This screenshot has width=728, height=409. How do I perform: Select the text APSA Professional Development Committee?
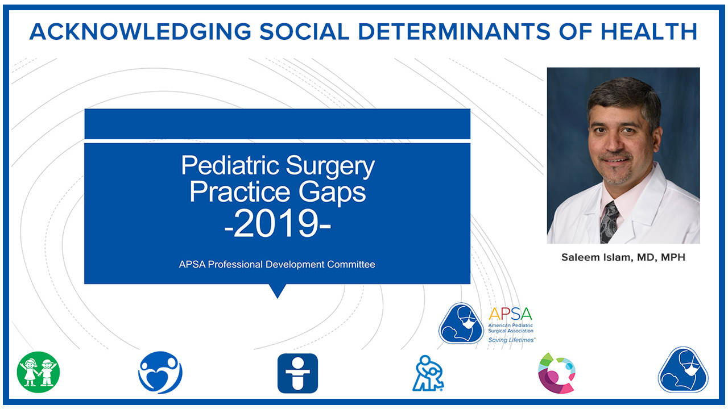point(278,264)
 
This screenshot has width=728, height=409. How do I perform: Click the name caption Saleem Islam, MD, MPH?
point(623,257)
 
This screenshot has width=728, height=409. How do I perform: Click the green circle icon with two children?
point(38,372)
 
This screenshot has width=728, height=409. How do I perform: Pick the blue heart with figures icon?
point(160,372)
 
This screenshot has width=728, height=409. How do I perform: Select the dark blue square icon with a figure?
point(297,373)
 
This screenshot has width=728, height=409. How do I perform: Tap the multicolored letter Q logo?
point(556,372)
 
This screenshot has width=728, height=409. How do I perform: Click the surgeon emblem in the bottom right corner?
point(683,370)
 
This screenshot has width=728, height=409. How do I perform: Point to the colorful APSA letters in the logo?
point(510,314)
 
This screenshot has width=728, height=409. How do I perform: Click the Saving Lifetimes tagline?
point(511,340)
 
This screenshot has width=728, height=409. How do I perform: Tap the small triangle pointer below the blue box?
point(277,291)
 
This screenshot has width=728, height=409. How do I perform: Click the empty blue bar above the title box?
point(277,123)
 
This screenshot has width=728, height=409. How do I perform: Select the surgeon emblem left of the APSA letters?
point(461,323)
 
